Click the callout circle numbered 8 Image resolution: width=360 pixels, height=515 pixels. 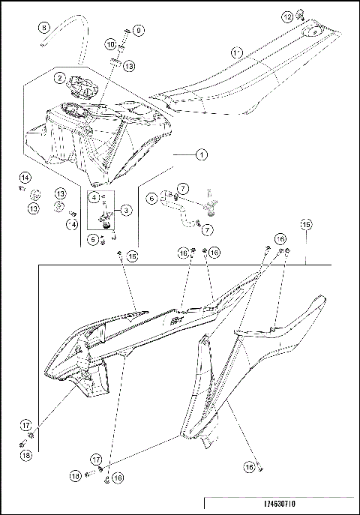pyautogui.click(x=43, y=28)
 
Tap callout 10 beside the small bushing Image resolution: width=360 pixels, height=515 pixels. pyautogui.click(x=110, y=45)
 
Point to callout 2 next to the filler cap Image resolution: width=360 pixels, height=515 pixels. pyautogui.click(x=59, y=77)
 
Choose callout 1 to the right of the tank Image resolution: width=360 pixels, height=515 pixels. pyautogui.click(x=201, y=155)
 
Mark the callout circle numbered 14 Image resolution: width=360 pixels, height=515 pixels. pyautogui.click(x=25, y=177)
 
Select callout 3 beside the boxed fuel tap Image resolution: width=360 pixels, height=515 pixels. pyautogui.click(x=126, y=211)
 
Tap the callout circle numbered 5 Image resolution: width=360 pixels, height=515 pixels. pyautogui.click(x=93, y=240)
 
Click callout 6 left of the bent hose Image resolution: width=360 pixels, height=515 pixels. pyautogui.click(x=151, y=199)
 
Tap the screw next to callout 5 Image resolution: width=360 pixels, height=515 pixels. pyautogui.click(x=103, y=238)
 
